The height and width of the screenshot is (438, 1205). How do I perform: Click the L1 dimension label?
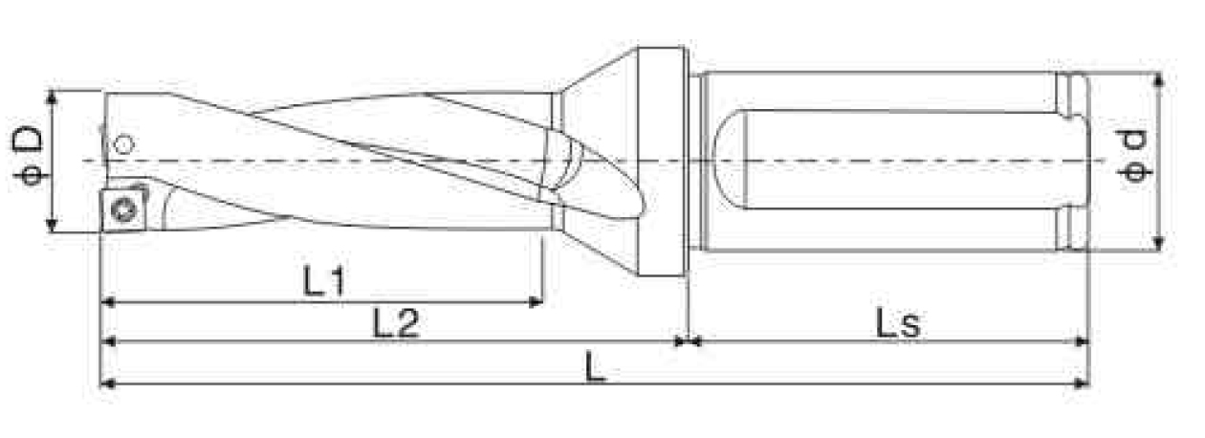(324, 281)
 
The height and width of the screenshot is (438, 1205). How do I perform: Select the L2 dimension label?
(396, 322)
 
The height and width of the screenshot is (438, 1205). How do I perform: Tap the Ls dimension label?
(898, 323)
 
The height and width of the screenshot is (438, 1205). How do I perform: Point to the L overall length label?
(595, 367)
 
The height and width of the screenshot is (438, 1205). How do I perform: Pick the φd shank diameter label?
(1134, 156)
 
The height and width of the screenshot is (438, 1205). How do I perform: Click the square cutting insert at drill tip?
(124, 209)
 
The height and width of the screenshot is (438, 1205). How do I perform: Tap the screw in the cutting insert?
(123, 209)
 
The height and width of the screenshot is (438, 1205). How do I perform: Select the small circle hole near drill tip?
(124, 144)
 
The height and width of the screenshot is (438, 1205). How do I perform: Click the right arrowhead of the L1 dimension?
(537, 302)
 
